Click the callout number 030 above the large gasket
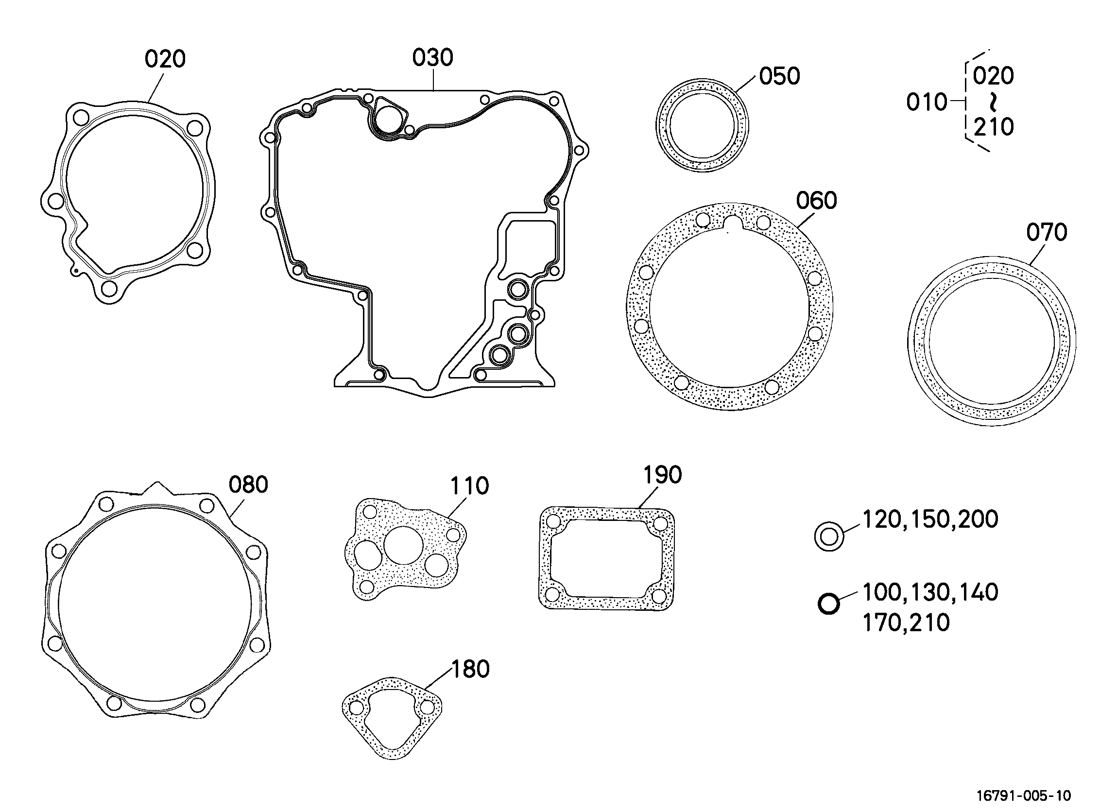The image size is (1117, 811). click(x=432, y=58)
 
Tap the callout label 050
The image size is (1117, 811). click(x=780, y=76)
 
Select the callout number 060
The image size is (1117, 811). click(x=817, y=201)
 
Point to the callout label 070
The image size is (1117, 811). click(x=1047, y=232)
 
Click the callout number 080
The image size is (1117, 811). click(x=248, y=485)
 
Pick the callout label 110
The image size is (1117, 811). click(x=469, y=486)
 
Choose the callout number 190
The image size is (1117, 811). click(x=662, y=475)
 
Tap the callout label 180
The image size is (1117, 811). click(x=470, y=669)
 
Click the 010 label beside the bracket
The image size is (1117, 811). click(x=927, y=103)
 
